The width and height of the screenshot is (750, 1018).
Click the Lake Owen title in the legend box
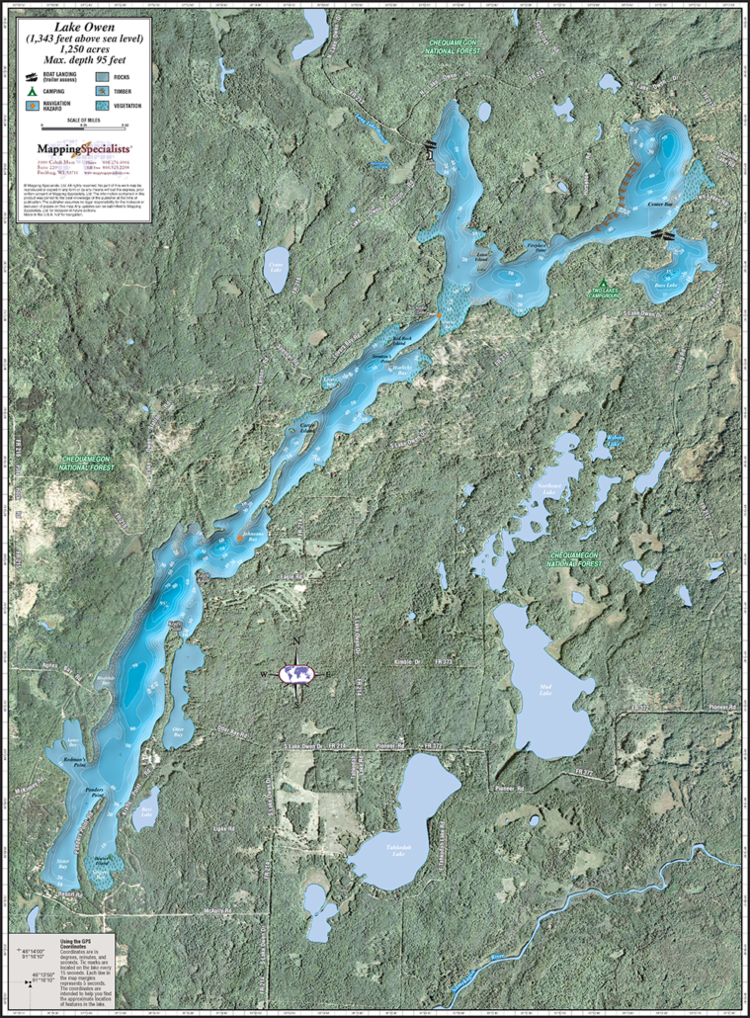(84, 28)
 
